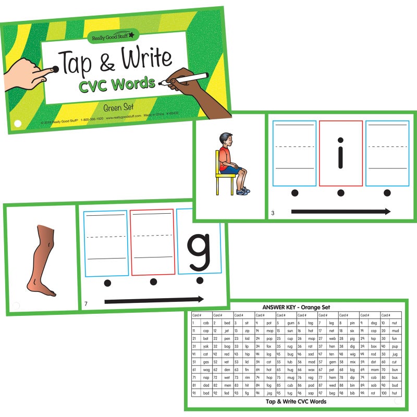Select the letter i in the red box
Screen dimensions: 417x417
[x=340, y=153]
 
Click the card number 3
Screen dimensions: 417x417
[x=273, y=213]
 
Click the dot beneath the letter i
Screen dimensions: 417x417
[x=341, y=193]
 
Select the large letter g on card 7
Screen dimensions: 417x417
[x=200, y=250]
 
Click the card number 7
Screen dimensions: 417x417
[x=85, y=303]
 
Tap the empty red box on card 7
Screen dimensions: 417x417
[x=152, y=243]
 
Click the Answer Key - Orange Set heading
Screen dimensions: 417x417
[x=296, y=307]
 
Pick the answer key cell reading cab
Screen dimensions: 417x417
[x=205, y=323]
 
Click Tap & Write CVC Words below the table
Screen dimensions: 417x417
[x=296, y=401]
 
